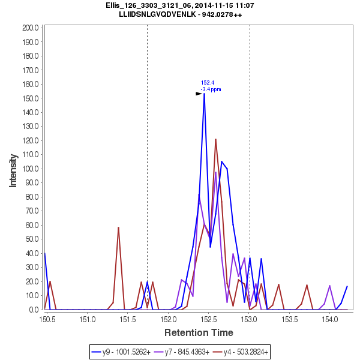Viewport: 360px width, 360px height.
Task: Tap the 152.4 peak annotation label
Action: pos(208,83)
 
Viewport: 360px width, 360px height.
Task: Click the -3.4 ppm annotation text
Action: pos(211,89)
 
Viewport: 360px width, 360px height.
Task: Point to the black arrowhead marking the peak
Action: pos(199,94)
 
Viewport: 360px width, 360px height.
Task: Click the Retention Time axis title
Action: pos(199,332)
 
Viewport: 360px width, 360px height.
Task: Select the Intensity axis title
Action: pos(13,169)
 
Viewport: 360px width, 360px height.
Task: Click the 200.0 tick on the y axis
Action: pos(30,28)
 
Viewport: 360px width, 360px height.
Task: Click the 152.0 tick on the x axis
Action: pos(169,318)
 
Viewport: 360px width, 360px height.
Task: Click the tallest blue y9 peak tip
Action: pos(204,93)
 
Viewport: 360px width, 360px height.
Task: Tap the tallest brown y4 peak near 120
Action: pos(215,139)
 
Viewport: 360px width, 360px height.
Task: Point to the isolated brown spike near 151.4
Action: pos(119,227)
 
